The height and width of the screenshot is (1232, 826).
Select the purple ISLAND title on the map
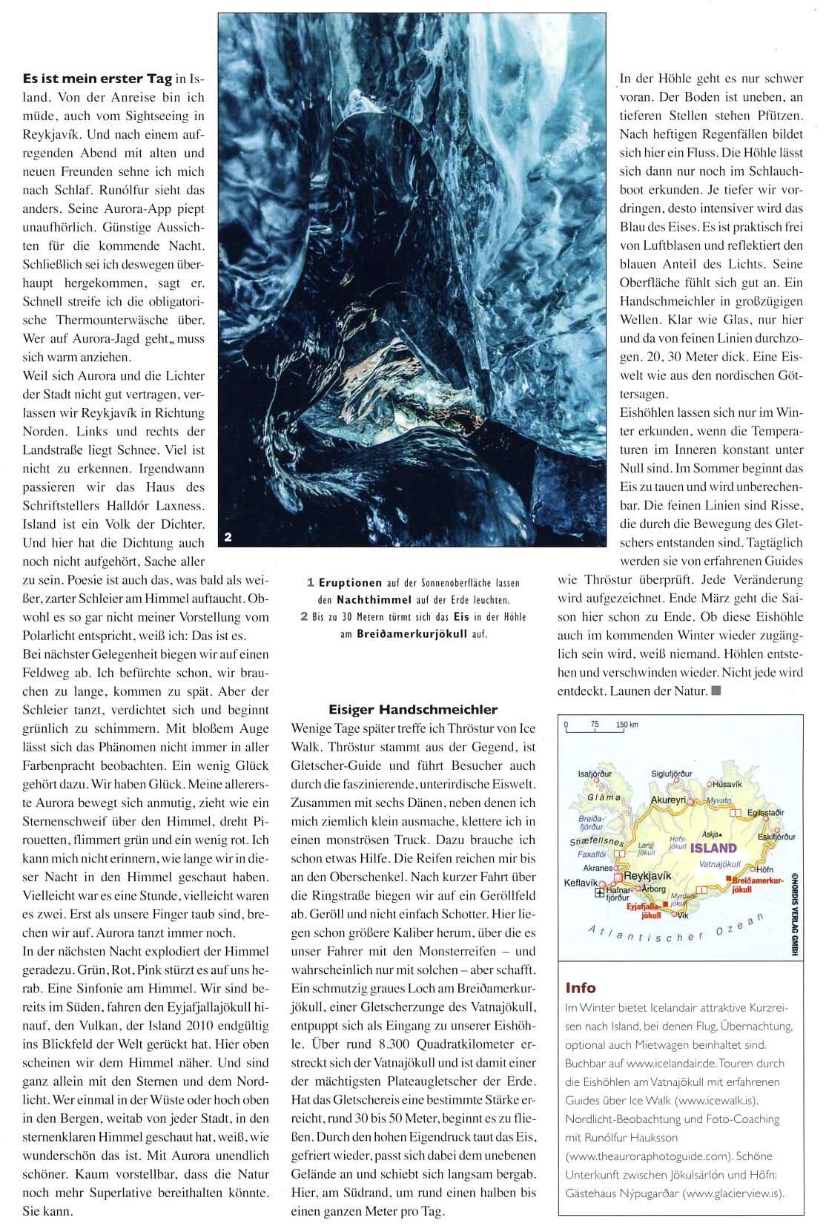(x=713, y=849)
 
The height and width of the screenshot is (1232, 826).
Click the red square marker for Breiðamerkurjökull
(x=730, y=879)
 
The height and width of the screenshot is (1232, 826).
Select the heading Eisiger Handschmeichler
(x=413, y=710)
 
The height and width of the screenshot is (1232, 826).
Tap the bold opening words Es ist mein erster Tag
(x=97, y=78)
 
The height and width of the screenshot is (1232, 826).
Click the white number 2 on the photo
(x=228, y=537)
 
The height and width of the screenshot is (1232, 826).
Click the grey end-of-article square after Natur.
(x=716, y=691)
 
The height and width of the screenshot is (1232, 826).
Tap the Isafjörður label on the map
(x=595, y=774)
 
